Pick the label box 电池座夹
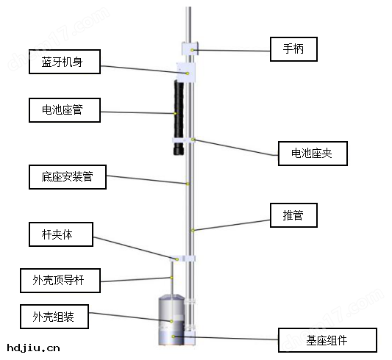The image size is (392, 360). click(313, 154)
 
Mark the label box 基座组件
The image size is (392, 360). click(327, 340)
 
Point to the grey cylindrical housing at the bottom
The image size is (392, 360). click(171, 321)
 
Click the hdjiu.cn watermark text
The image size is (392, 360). click(33, 348)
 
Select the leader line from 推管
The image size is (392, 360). click(232, 223)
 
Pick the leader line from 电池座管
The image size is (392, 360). click(136, 112)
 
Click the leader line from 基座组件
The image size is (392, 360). click(228, 339)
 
